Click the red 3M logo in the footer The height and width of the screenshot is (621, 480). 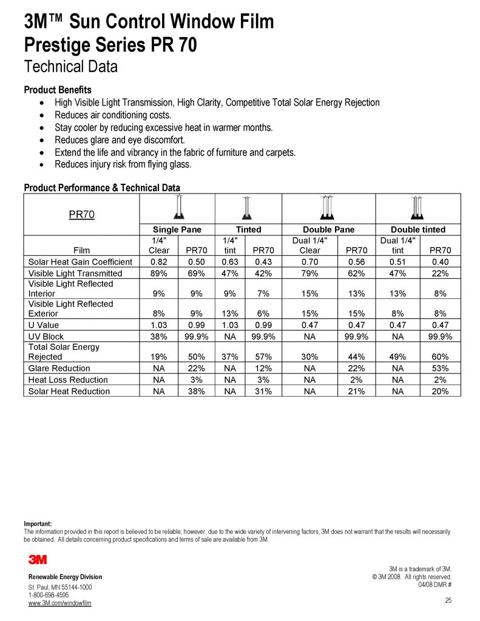38,559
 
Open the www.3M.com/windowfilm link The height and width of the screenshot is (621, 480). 60,603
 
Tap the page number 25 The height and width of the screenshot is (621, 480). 448,600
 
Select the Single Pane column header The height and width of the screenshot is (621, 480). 177,230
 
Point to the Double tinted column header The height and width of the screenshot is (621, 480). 417,230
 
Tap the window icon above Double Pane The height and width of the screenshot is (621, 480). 328,207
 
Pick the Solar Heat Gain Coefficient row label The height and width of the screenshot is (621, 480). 80,262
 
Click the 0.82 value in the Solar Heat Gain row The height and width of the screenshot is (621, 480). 158,262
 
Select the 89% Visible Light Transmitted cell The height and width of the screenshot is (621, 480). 158,274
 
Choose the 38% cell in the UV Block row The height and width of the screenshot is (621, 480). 158,337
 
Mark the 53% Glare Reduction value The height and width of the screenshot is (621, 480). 440,368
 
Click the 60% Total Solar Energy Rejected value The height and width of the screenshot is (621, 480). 440,357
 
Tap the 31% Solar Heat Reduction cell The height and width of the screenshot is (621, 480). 264,391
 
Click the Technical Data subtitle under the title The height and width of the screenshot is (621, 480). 70,67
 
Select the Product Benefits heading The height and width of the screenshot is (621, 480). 58,90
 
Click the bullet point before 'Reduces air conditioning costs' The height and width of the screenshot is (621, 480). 41,115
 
